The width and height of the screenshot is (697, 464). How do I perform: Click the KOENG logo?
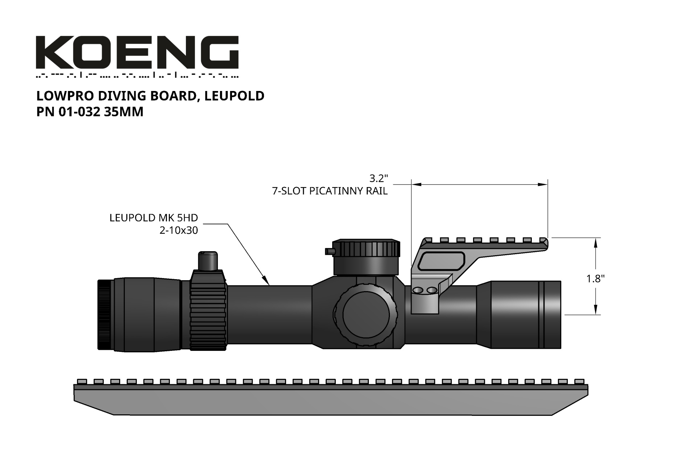point(137,52)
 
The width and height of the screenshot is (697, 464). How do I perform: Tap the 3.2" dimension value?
point(379,178)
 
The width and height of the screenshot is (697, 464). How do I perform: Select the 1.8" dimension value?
point(595,279)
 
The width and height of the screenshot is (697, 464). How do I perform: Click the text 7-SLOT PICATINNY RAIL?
point(330,191)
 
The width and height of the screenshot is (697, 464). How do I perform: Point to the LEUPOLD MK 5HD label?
point(154,218)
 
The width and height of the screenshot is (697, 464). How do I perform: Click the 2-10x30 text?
point(179,231)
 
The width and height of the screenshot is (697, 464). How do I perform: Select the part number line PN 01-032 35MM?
point(90,112)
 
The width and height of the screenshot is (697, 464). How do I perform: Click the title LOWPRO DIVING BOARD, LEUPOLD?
point(150,96)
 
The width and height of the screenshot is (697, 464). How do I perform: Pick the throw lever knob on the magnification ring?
point(208,261)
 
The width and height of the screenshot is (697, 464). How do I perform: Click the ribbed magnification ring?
point(208,311)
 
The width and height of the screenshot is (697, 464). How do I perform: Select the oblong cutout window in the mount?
point(441,261)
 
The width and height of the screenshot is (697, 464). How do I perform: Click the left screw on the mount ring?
point(418,290)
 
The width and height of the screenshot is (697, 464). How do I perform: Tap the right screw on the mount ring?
point(432,290)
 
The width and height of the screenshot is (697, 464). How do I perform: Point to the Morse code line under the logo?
point(137,76)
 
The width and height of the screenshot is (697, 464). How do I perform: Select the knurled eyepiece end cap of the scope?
point(105,315)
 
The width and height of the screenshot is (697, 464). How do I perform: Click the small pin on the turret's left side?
point(329,250)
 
